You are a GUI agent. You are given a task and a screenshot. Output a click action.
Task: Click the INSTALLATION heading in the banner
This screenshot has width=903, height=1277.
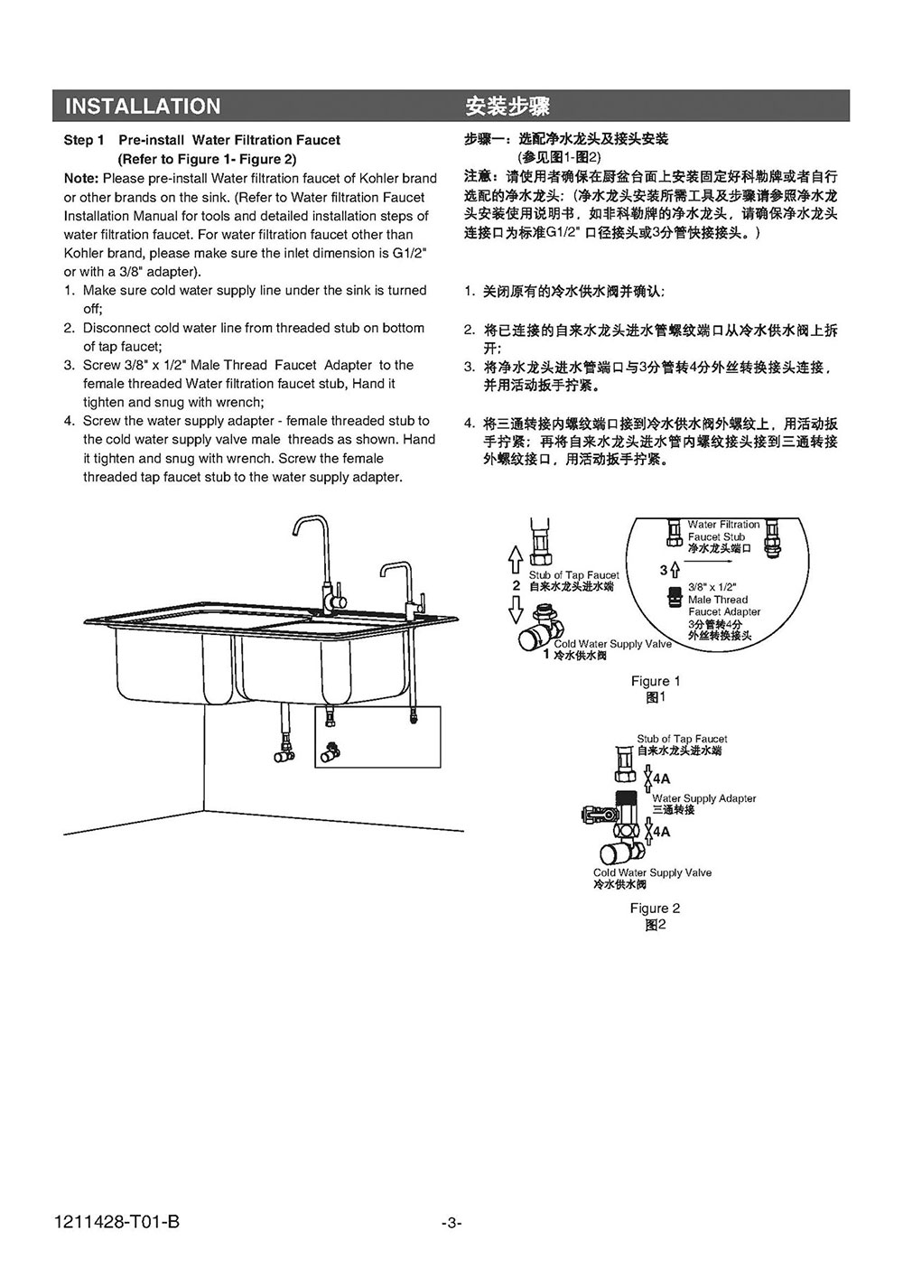click(143, 107)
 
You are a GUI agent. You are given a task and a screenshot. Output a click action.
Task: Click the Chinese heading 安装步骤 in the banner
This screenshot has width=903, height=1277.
click(507, 107)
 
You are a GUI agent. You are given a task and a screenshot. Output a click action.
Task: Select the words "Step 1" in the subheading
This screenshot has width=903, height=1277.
click(84, 140)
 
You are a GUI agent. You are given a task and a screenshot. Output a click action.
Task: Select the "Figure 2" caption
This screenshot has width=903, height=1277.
click(656, 908)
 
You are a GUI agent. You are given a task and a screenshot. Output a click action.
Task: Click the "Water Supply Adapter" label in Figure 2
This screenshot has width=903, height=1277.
click(704, 798)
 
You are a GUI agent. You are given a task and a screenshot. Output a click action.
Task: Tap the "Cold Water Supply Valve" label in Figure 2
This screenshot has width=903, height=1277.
click(652, 872)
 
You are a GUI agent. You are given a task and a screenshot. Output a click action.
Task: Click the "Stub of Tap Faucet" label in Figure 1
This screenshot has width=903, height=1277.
click(574, 575)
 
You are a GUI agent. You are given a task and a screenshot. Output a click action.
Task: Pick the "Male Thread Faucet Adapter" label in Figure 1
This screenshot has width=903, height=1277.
click(724, 605)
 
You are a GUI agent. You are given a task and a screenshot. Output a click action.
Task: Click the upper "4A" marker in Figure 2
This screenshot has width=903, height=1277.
click(662, 778)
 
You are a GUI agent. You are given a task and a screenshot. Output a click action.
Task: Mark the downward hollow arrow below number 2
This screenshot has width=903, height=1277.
click(515, 611)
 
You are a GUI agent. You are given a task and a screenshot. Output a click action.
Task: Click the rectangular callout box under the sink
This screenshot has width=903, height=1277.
click(377, 737)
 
